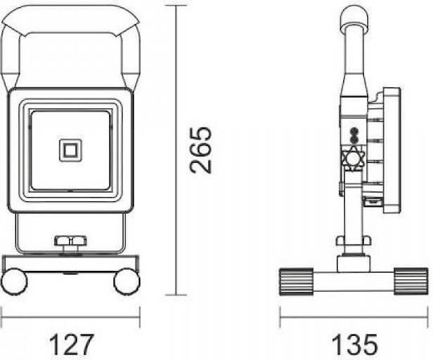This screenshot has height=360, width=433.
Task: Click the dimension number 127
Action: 71,344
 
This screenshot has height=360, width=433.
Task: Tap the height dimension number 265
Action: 200,150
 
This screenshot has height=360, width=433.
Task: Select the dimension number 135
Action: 354,344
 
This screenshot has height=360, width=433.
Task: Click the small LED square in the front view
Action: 71,151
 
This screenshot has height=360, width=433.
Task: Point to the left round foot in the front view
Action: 14,281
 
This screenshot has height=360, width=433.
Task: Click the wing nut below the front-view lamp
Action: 71,241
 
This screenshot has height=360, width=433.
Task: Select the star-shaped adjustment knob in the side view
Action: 353,159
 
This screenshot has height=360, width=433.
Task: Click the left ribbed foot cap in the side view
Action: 297,281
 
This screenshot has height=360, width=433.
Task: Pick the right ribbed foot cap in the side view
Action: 411,281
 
